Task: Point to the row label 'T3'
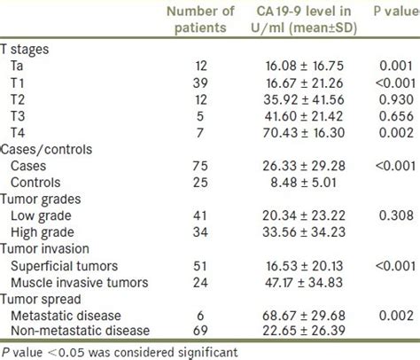tap(19, 114)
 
